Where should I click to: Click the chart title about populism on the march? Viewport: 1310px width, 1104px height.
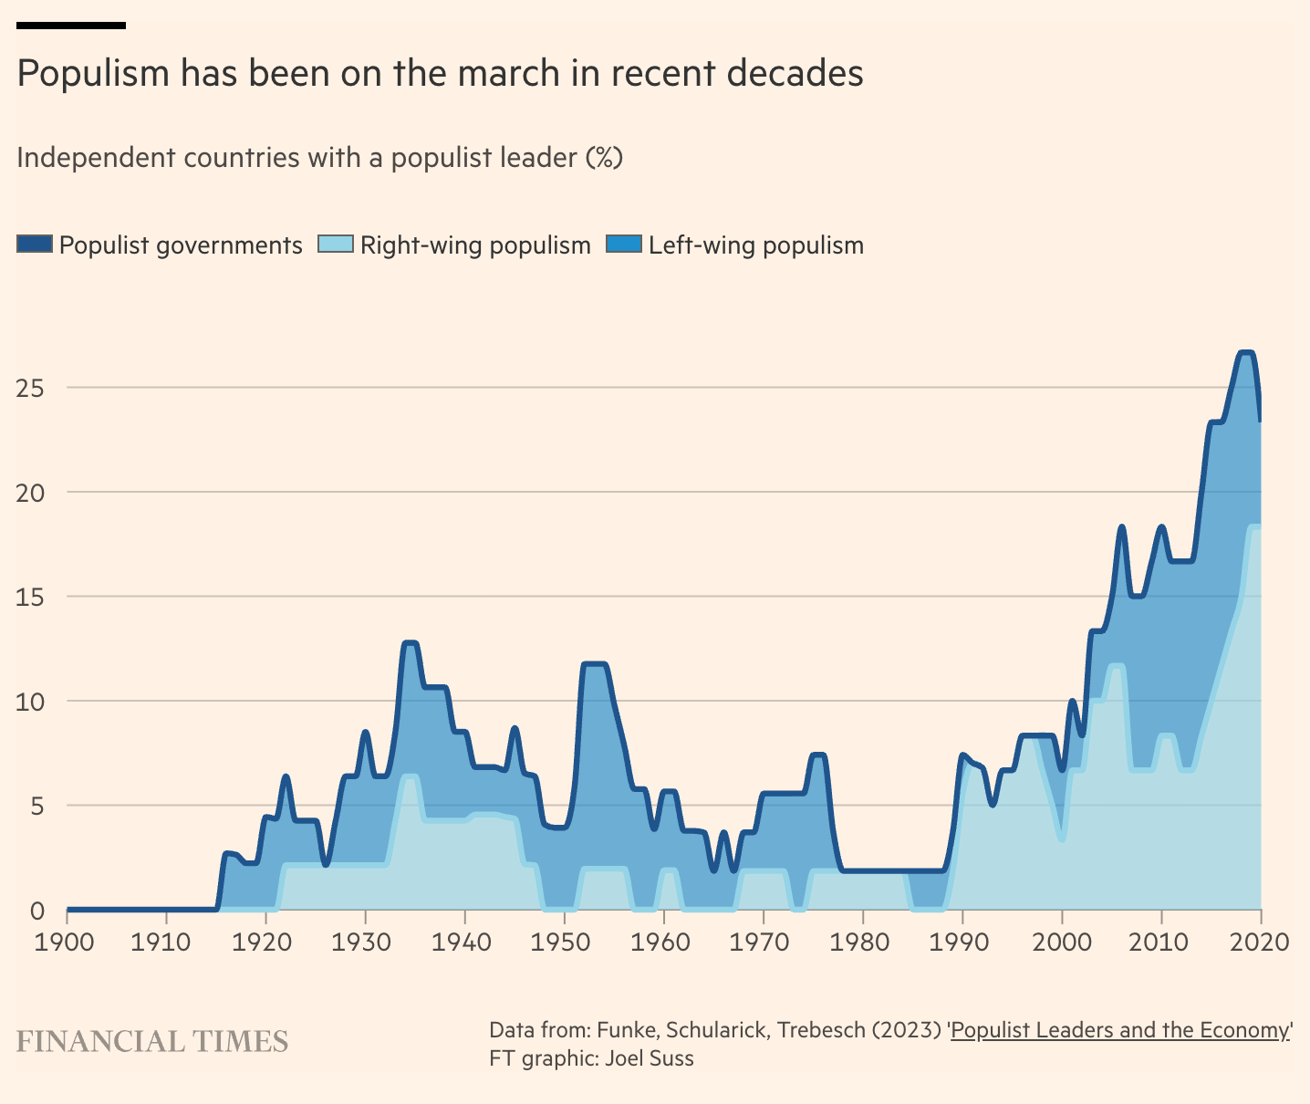(440, 73)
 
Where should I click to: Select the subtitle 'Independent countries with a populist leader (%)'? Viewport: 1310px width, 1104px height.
(319, 158)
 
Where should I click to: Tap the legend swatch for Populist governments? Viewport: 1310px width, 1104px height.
(35, 245)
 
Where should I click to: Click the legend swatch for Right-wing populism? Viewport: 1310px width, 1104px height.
(335, 245)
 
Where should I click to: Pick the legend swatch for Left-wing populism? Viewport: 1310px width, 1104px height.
(624, 245)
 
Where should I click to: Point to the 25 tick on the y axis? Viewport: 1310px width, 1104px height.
(31, 388)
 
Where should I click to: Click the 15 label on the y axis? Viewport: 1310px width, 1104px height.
(31, 597)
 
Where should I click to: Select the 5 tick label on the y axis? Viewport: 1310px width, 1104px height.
(36, 806)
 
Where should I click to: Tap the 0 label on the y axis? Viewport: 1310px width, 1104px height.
(36, 911)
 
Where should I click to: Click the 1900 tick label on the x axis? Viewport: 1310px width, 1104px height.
(66, 941)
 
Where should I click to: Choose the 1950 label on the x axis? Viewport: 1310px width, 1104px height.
(564, 941)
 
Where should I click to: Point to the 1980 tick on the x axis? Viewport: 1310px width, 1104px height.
(862, 941)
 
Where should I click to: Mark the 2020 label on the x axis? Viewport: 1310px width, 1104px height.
(1260, 941)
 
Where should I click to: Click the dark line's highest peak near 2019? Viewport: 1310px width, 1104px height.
(1246, 353)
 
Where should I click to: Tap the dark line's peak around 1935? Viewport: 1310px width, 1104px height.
(410, 643)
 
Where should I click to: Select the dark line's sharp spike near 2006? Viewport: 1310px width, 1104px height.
(1122, 526)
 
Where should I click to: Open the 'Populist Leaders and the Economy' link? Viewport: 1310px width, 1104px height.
(1120, 1030)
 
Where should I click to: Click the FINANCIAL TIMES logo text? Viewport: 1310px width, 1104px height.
(152, 1041)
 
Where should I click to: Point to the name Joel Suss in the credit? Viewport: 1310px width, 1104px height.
(649, 1058)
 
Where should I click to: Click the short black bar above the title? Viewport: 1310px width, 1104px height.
(71, 26)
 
